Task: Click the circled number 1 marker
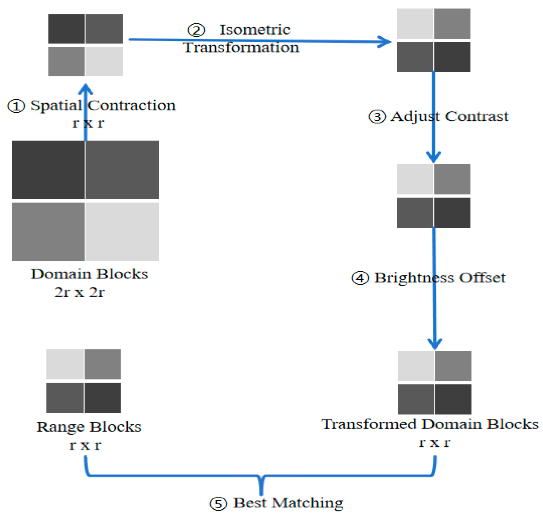click(16, 106)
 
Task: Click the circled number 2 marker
click(196, 30)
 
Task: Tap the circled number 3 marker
click(377, 117)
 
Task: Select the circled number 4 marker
click(360, 278)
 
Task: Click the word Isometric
click(255, 30)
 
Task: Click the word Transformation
click(241, 47)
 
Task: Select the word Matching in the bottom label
click(307, 503)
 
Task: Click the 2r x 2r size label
click(79, 292)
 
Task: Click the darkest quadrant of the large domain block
click(48, 170)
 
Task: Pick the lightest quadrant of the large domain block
click(122, 232)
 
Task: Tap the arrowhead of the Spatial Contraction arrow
click(86, 88)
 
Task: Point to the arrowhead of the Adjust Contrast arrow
click(434, 157)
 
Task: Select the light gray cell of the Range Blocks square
click(65, 364)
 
